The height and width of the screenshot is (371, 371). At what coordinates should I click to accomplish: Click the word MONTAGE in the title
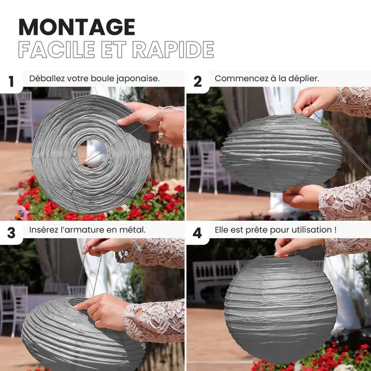(x=77, y=27)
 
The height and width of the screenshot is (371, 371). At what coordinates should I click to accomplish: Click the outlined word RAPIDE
(x=173, y=49)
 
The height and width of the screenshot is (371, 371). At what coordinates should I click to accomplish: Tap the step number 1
(x=11, y=82)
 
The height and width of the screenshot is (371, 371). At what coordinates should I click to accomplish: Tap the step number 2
(x=198, y=82)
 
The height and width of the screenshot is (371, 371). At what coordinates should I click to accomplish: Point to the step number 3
(x=11, y=233)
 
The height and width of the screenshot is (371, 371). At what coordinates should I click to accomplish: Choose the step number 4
(x=197, y=233)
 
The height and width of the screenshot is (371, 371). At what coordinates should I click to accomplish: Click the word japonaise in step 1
(x=138, y=79)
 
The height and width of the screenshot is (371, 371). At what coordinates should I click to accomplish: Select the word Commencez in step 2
(x=238, y=79)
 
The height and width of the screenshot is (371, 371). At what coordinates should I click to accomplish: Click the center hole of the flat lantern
(x=92, y=153)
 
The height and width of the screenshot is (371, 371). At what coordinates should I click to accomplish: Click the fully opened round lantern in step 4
(x=280, y=309)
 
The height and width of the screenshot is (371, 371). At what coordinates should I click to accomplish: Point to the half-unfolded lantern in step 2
(x=281, y=153)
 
